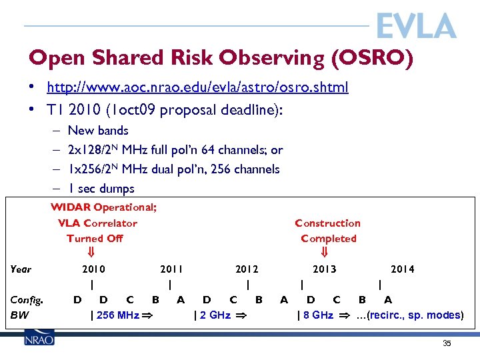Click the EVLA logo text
[416, 27]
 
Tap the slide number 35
[447, 343]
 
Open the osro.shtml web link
[197, 87]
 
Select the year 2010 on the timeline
[93, 269]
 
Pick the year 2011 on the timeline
[171, 269]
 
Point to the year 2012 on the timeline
[247, 269]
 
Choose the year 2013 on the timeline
[325, 269]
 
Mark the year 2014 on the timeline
[402, 269]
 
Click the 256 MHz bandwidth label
[117, 315]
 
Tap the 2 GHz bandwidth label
[213, 315]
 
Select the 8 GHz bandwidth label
[317, 315]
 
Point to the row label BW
[19, 315]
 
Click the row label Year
[21, 269]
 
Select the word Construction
[327, 223]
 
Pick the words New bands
[98, 131]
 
